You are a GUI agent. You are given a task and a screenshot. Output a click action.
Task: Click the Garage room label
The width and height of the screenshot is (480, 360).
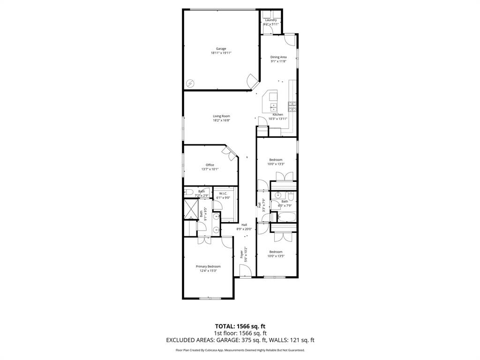221,49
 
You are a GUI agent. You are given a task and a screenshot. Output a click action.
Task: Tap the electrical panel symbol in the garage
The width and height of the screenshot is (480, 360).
190,83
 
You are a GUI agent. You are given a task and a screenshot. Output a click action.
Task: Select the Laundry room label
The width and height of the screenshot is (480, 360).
270,20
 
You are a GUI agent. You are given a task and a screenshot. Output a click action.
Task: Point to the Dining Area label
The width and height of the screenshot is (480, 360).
278,57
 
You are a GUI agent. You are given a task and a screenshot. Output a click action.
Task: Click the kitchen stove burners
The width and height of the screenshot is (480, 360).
292,106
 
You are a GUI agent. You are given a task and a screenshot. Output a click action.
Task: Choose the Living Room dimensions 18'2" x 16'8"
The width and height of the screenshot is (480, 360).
221,120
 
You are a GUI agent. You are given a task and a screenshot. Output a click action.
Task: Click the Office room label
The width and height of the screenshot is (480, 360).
210,165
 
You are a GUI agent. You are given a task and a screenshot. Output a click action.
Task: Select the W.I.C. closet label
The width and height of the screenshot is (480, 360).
223,193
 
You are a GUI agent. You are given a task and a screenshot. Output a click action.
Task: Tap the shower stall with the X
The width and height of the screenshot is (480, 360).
191,209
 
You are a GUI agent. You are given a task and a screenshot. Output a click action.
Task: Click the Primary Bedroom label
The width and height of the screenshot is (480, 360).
208,266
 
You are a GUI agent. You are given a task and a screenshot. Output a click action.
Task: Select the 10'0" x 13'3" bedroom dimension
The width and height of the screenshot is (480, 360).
276,164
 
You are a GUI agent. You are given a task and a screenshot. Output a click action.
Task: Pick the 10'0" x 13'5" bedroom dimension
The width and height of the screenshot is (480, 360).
276,256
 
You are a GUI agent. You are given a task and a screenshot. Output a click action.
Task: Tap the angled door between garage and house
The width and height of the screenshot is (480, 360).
252,80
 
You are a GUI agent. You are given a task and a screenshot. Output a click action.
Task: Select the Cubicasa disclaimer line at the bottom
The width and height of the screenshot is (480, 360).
240,350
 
